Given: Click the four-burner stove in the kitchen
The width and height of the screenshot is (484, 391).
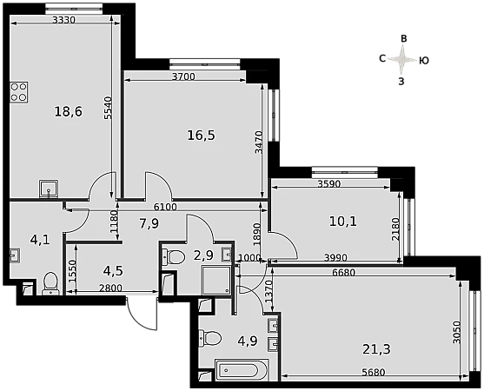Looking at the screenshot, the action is pos(19,92).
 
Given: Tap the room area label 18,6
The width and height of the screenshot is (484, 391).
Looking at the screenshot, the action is pos(69,111).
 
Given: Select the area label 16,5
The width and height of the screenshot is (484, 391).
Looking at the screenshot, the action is pos(202,136).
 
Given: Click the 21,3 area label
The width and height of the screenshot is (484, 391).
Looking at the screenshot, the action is pos(376,349).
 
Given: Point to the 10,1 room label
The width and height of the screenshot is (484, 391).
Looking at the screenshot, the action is pos(343,222).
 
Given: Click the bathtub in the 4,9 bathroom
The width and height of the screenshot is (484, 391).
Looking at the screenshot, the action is pos(242,369).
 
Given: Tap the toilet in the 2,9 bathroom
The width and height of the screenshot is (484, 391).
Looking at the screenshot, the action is pos(173,257).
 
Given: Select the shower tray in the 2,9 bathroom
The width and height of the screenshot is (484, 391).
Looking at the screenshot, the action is pos(216,280).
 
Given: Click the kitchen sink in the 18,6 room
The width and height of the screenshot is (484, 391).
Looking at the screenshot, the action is pos(49,189).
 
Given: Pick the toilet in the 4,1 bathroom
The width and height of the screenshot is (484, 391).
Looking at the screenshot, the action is pos(50,283).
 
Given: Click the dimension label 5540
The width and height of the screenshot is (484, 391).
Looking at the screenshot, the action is pos(108,108).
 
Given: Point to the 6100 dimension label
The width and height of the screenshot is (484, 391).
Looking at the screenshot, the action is pos(165,207).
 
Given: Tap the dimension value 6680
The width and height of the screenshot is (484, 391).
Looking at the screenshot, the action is pos(344,273).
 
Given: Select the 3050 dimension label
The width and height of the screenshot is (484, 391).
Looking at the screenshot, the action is pos(456,333).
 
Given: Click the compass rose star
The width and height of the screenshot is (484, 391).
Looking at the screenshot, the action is pos(402,60).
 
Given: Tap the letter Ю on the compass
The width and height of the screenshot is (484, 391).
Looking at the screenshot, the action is pos(424,61).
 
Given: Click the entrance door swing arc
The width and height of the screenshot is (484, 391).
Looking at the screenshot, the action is pos(137,320).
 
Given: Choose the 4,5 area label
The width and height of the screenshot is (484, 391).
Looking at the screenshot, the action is pos(113,270).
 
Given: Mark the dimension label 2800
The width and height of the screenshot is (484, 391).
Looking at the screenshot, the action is pos(110,288).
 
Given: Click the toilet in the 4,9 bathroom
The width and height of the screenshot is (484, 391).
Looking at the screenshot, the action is pos(210,338).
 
